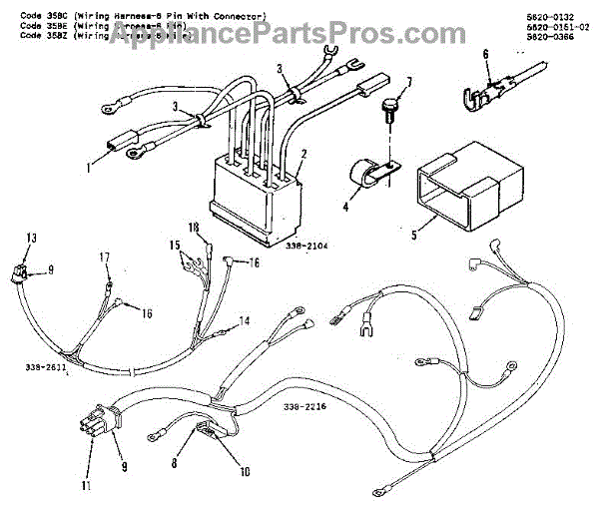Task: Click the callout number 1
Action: tap(87, 168)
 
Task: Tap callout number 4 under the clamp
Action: tap(344, 208)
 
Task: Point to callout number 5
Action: tap(414, 236)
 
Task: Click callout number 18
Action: tap(193, 227)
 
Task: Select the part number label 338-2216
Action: tap(304, 407)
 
